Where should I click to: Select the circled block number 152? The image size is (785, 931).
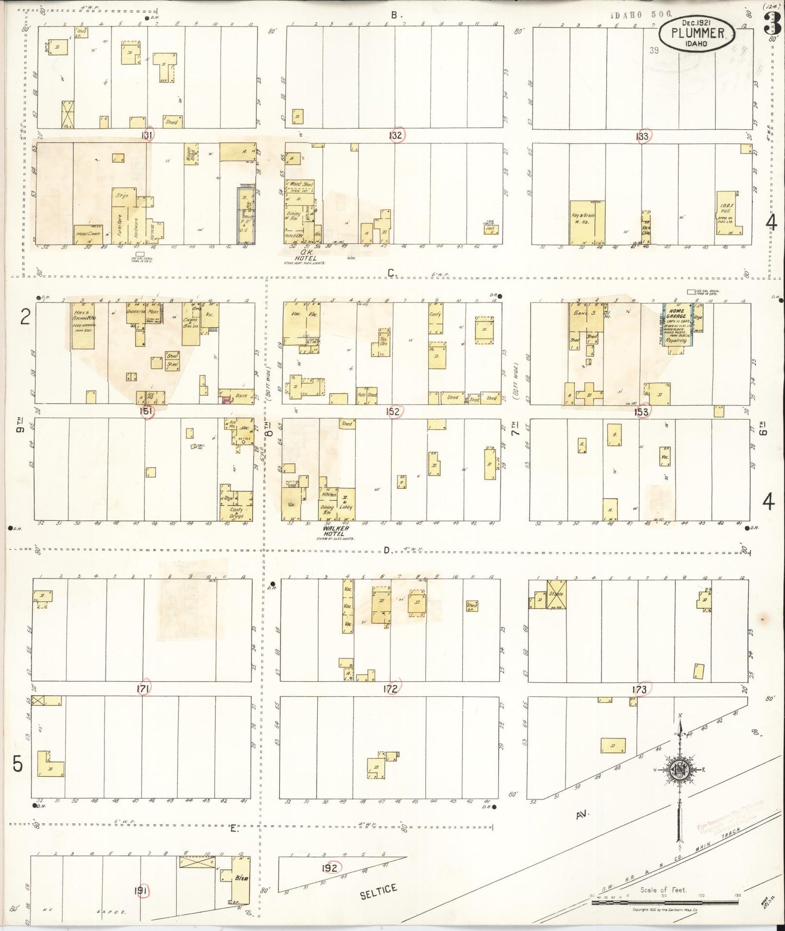coord(393,411)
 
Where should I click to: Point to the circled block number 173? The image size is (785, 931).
coord(639,689)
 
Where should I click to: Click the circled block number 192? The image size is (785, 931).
coord(329,867)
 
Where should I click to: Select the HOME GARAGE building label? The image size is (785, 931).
coord(676,316)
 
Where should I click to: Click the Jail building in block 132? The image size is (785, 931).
coord(492,229)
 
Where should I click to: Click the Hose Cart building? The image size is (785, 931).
coord(87,235)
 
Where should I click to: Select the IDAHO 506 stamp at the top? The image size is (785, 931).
coord(641,15)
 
